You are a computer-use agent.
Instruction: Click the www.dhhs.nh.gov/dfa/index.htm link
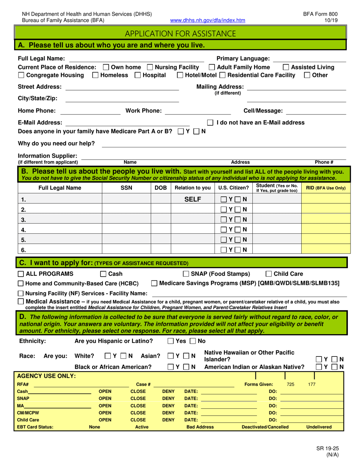point(208,20)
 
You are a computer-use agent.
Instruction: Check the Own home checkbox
point(106,67)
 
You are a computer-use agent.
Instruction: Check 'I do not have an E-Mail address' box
point(210,123)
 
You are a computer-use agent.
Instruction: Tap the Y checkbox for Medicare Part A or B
point(181,132)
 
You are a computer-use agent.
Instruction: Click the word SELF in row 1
point(192,199)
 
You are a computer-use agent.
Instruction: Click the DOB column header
point(161,188)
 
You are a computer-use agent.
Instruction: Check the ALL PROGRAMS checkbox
point(21,274)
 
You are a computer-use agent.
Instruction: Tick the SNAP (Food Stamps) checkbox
point(186,274)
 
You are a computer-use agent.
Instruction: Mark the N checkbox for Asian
point(186,356)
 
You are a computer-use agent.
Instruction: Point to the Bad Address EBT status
point(200,427)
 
